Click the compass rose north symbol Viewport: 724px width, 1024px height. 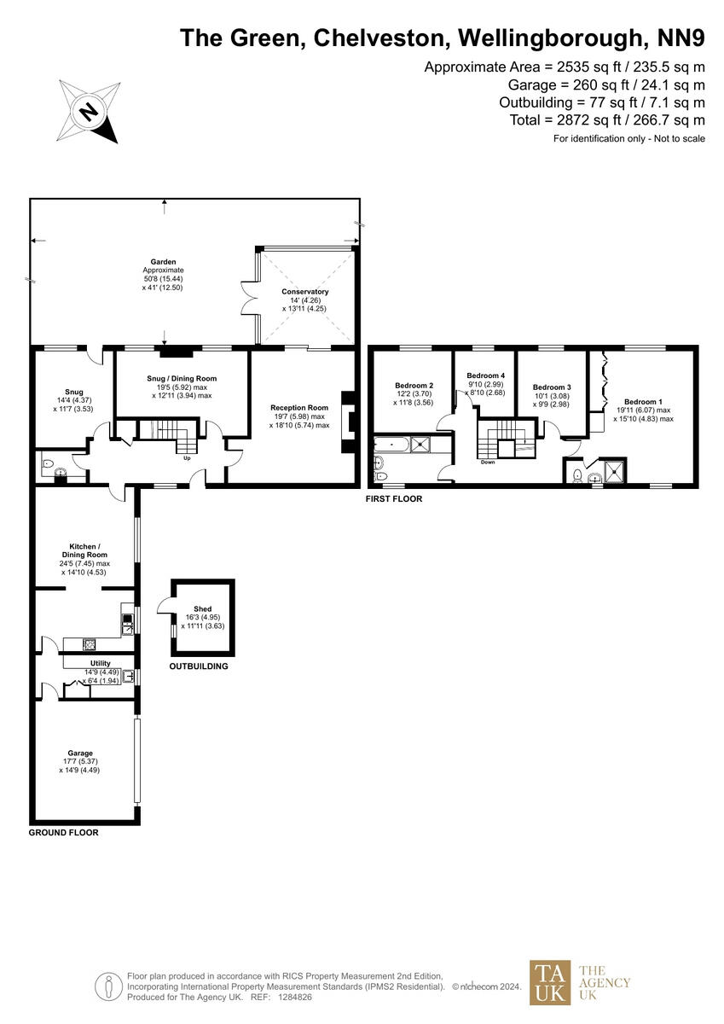[88, 111]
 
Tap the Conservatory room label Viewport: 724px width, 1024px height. [304, 292]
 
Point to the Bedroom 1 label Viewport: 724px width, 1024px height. [641, 401]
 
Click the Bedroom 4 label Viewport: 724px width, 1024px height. [485, 375]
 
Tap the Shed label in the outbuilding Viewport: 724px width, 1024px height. [202, 608]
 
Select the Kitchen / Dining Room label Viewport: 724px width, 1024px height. [85, 546]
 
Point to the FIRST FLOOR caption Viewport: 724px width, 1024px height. [395, 499]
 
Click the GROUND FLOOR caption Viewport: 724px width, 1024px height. [63, 832]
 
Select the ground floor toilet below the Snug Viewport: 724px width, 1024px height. [56, 469]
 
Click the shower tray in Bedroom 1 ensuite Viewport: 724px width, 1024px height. [612, 470]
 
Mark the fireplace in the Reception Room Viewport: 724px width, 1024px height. [346, 421]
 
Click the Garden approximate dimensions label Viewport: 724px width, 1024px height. [163, 275]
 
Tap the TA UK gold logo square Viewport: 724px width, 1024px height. [551, 982]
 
